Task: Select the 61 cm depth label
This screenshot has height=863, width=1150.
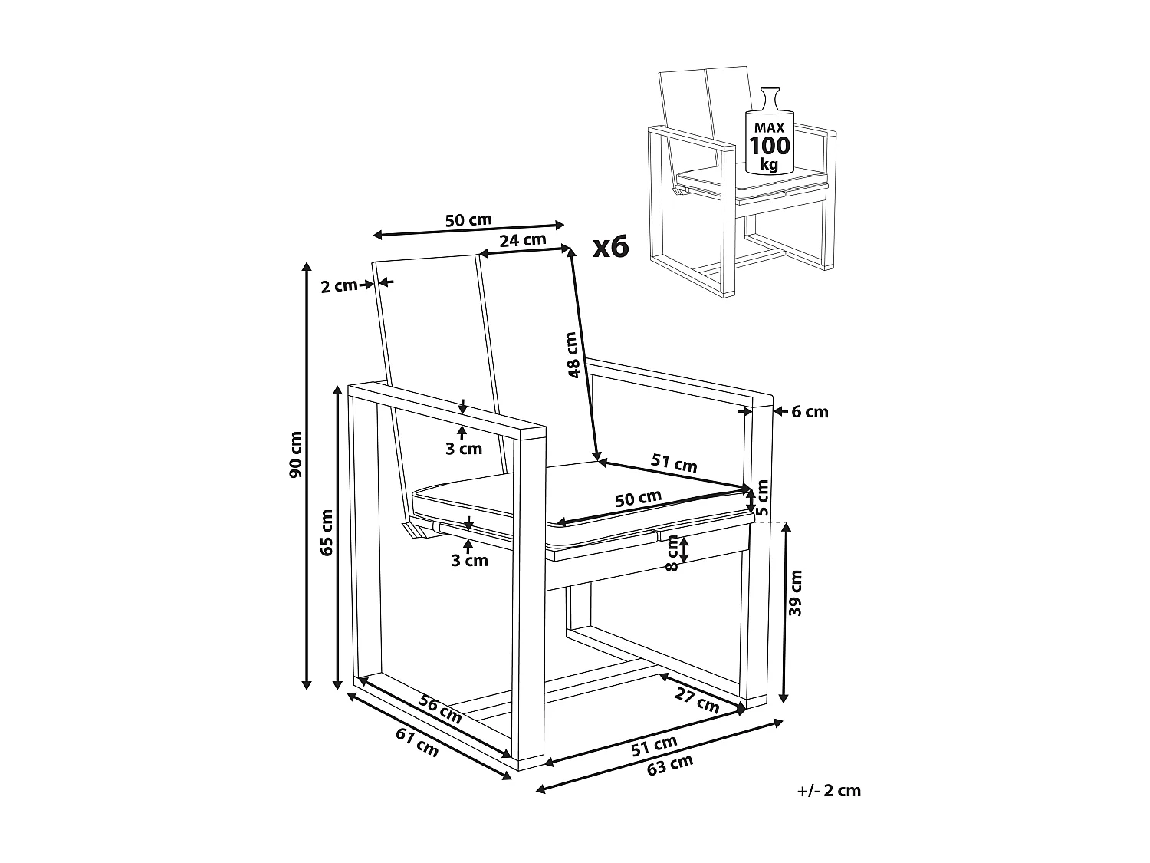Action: click(417, 742)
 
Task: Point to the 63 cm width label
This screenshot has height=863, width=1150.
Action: click(669, 766)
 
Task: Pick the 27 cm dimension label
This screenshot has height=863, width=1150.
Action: click(696, 699)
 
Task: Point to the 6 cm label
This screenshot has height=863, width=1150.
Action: click(810, 412)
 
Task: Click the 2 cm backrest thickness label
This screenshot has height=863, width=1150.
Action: click(338, 286)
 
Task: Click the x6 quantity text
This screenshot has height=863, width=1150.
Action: click(611, 247)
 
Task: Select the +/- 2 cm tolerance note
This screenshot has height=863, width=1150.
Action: click(829, 790)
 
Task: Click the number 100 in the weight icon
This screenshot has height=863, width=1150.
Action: click(769, 146)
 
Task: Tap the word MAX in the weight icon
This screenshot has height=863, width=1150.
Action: click(768, 126)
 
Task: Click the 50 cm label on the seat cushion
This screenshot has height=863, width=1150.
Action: click(639, 499)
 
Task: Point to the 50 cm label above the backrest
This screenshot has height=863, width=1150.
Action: click(468, 221)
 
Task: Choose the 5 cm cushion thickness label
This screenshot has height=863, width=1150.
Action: click(762, 497)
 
